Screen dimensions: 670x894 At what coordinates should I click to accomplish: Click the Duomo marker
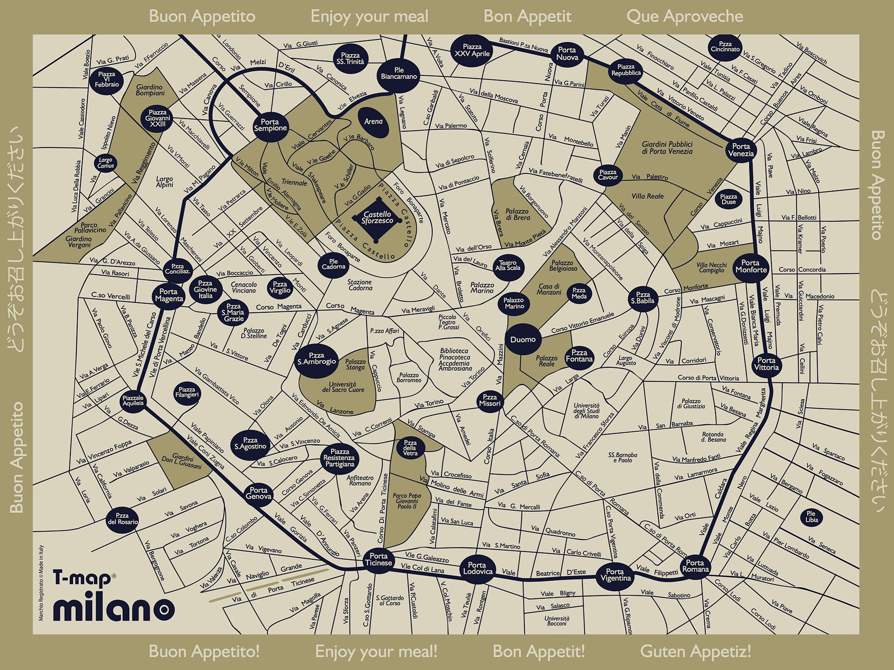coord(523,340)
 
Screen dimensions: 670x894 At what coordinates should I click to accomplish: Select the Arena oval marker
coord(373,122)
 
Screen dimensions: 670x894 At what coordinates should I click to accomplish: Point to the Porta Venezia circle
coord(741,150)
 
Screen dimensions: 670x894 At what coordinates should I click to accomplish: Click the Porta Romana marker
coord(695,566)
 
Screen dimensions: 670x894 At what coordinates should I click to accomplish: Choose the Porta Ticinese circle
coord(378,559)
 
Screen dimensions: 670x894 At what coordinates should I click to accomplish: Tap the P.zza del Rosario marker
coord(122,519)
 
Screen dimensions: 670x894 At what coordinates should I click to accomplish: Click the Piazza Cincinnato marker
coord(725,47)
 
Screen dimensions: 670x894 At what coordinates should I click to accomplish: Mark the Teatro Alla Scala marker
coord(508,266)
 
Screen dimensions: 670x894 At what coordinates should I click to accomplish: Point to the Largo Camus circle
coord(105,163)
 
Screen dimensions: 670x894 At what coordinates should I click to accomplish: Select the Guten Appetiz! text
coord(695,651)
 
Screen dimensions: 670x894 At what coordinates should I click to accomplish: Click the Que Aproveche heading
coord(684,16)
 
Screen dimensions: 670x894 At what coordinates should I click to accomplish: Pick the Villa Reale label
coord(647,196)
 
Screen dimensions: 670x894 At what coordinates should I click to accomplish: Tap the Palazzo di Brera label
coord(517,214)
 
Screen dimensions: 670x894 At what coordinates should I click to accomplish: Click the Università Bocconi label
coord(557,621)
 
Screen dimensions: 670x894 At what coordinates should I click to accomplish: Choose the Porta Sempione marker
coord(270,125)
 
